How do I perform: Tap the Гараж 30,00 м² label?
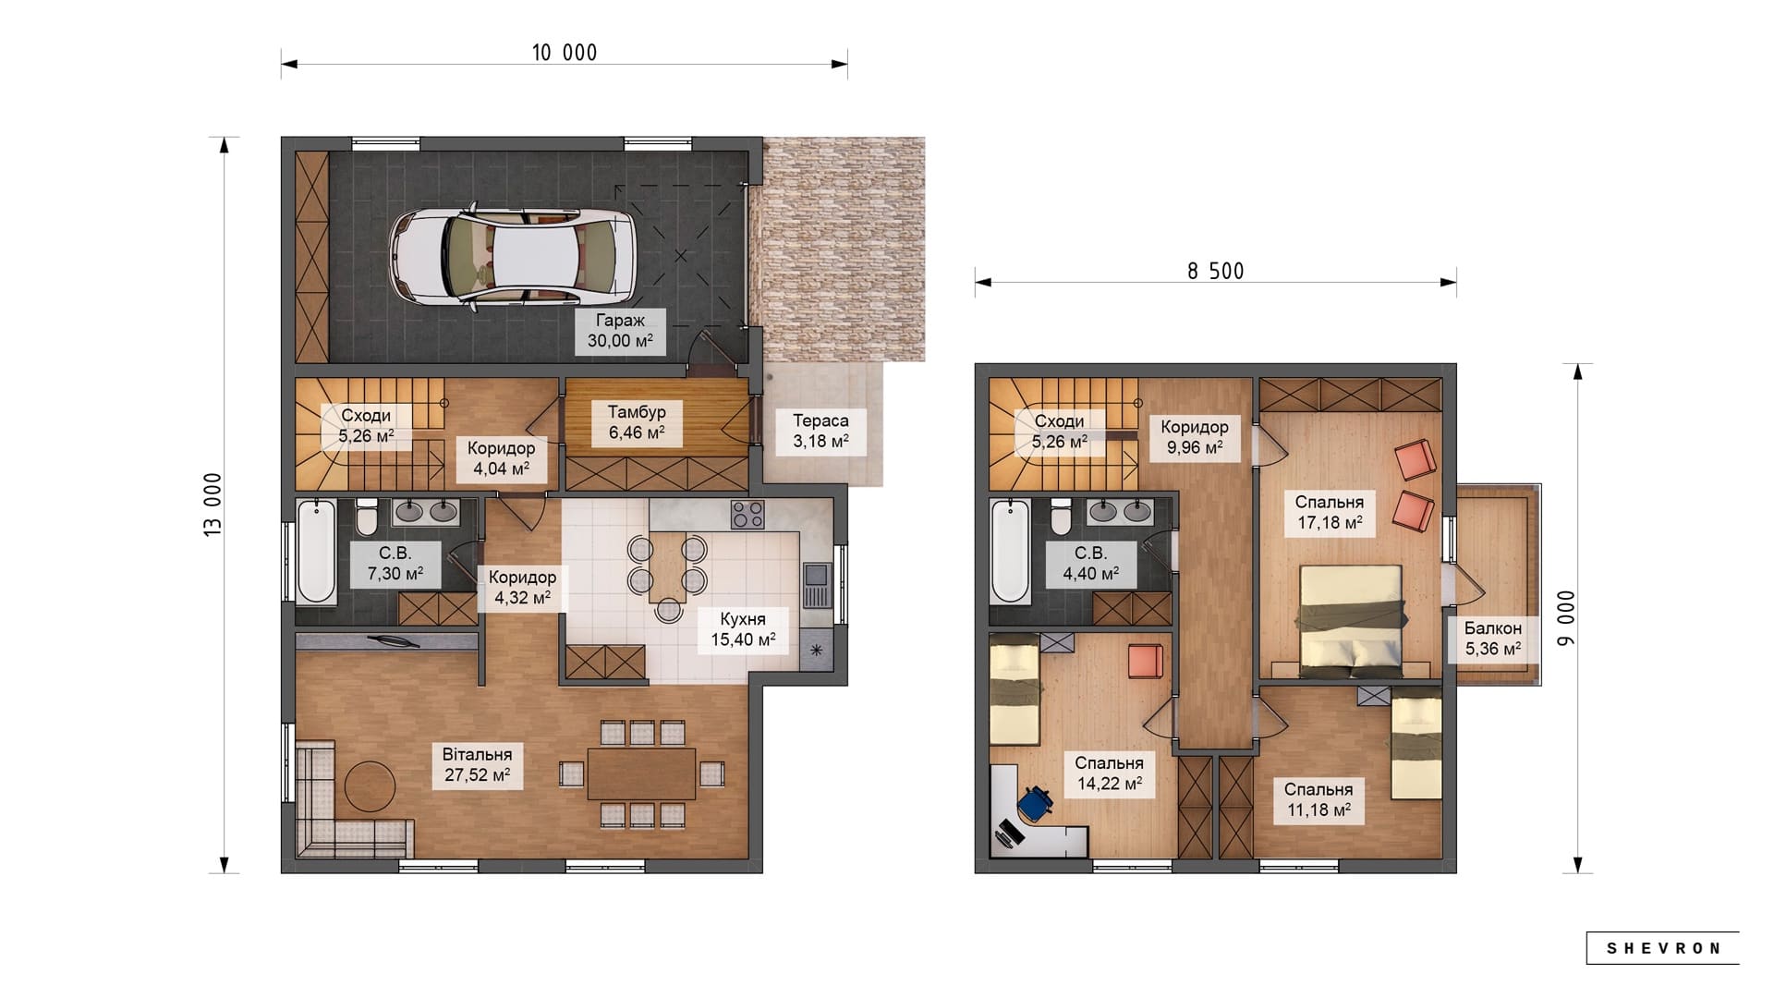point(620,331)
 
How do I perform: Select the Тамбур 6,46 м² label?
point(637,422)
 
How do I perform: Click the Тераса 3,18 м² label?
point(820,431)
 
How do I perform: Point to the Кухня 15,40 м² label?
point(743,629)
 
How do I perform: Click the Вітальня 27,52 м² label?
point(477,765)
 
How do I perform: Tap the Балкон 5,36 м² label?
point(1493,639)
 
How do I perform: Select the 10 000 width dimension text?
point(565,53)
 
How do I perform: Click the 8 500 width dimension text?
point(1216,271)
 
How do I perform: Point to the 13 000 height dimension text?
point(213,505)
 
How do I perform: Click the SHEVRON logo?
point(1663,948)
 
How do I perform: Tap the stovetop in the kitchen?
point(747,514)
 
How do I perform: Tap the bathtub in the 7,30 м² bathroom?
point(316,551)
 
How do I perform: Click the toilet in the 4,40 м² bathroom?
point(1061,517)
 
